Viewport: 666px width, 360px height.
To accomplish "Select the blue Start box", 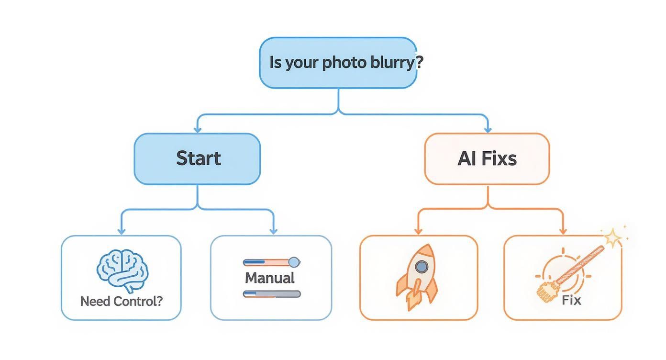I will tap(197, 158).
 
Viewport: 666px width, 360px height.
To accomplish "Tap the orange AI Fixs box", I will tap(487, 158).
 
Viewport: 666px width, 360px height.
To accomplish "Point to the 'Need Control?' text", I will tap(122, 302).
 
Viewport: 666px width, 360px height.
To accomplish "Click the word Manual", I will tap(269, 278).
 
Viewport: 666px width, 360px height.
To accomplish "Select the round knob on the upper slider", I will tap(294, 262).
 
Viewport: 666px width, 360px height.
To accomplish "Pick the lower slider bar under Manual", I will tap(272, 294).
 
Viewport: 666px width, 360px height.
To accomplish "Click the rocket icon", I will tap(417, 277).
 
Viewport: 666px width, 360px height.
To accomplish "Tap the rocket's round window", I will tap(421, 267).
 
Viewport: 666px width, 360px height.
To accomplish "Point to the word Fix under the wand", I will tap(571, 301).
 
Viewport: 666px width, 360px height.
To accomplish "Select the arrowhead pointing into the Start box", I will tap(197, 130).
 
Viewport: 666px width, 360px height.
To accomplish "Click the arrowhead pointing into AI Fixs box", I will tap(488, 130).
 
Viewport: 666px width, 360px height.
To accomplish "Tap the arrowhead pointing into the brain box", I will tap(122, 231).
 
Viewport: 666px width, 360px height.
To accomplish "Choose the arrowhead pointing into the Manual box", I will tap(273, 231).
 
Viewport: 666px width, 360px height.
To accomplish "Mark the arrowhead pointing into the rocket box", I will tap(418, 231).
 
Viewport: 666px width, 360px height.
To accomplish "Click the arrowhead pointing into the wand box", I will tap(563, 231).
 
